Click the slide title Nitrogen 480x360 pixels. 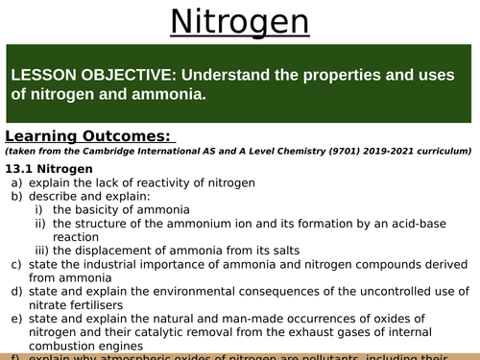pyautogui.click(x=240, y=20)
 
